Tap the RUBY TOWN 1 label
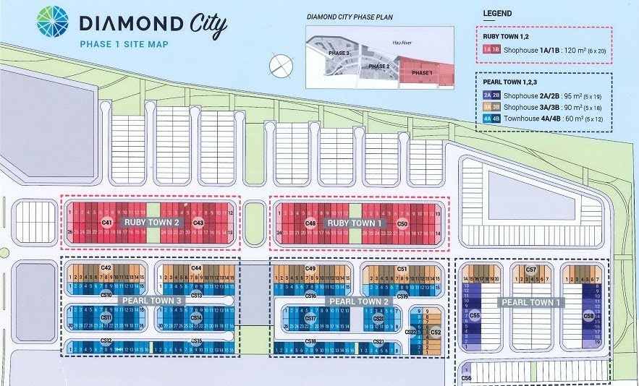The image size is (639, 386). (x=353, y=223)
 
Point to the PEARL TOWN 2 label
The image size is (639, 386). (x=353, y=301)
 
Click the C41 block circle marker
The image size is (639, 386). (x=106, y=223)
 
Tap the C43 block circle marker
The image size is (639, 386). (x=198, y=223)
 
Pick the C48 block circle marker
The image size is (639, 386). (x=310, y=223)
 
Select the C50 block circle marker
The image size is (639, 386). (x=402, y=224)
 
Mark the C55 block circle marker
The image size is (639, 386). (x=475, y=316)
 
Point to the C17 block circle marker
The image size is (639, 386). (x=310, y=318)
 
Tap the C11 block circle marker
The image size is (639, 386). (x=106, y=318)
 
